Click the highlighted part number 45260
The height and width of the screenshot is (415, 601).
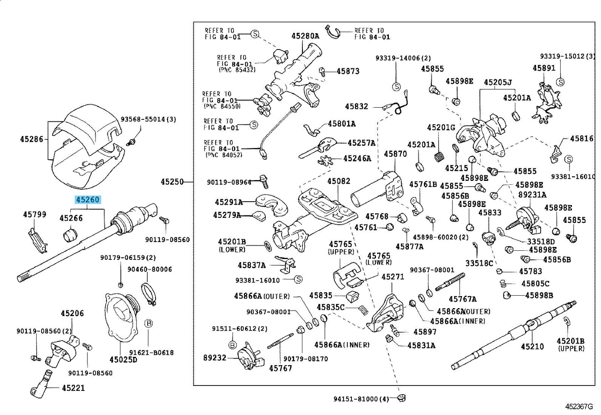[x=88, y=200]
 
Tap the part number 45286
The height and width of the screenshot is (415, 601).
[x=31, y=139]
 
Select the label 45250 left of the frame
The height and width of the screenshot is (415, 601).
[x=172, y=182]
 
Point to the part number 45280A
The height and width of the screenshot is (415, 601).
[x=305, y=36]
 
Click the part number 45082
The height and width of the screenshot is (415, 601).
[x=339, y=181]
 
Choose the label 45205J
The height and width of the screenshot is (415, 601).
[x=498, y=82]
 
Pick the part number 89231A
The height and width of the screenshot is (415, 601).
[x=532, y=195]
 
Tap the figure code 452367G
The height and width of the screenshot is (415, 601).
[x=579, y=407]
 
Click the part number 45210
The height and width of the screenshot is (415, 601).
[x=532, y=346]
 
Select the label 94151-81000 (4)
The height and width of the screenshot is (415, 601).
[x=361, y=399]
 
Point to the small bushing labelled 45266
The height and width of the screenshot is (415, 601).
[x=70, y=234]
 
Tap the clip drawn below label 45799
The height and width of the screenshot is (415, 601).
[x=37, y=240]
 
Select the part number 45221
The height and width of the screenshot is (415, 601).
[x=73, y=388]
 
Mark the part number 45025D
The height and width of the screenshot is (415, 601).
[x=123, y=359]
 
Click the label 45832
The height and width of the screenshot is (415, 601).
[x=356, y=106]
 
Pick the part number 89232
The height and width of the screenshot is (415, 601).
[x=215, y=358]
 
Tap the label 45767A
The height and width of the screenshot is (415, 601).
[x=462, y=299]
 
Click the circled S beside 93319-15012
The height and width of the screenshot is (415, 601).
[x=560, y=82]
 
